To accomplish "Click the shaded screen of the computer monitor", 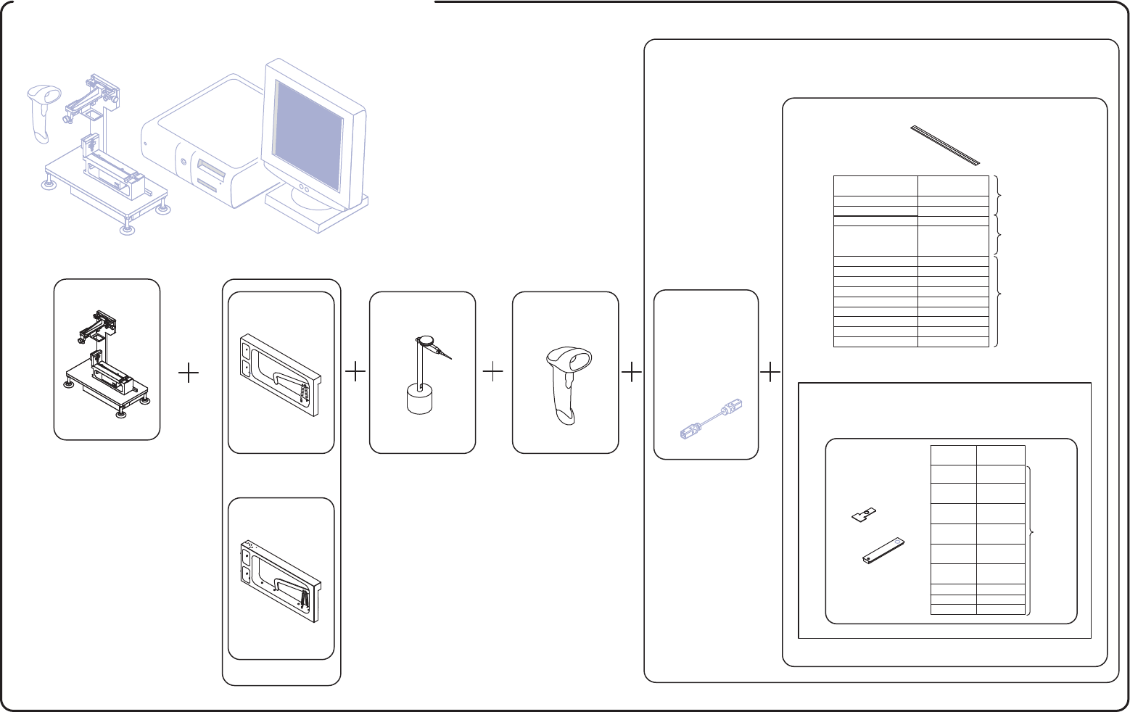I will tap(308, 136).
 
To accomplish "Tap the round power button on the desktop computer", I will tap(183, 161).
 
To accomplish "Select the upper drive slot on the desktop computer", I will tap(210, 173).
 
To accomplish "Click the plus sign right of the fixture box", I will tap(189, 373).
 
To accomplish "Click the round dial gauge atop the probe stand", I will tap(424, 340).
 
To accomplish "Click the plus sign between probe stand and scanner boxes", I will tap(492, 373).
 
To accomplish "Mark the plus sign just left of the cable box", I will tap(632, 373).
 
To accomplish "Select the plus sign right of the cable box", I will tap(770, 373).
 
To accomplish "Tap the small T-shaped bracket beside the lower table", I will tap(863, 515).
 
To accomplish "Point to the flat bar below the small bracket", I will tap(884, 551).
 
